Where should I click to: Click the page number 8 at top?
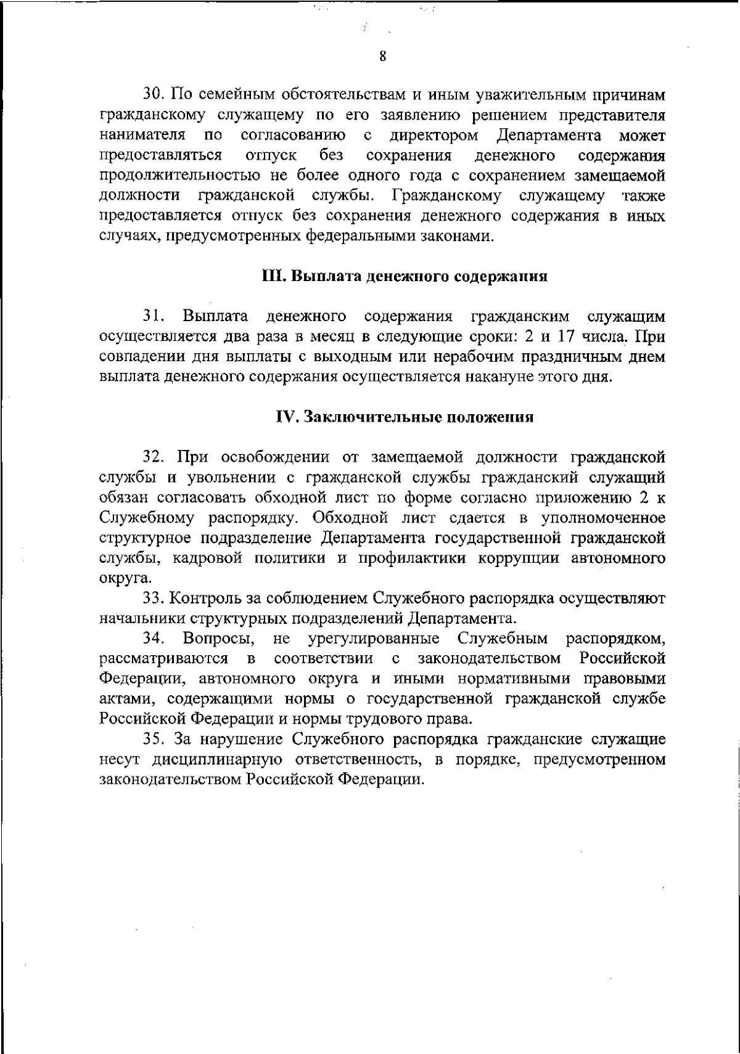pos(382,57)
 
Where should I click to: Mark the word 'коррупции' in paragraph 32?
pos(524,558)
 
